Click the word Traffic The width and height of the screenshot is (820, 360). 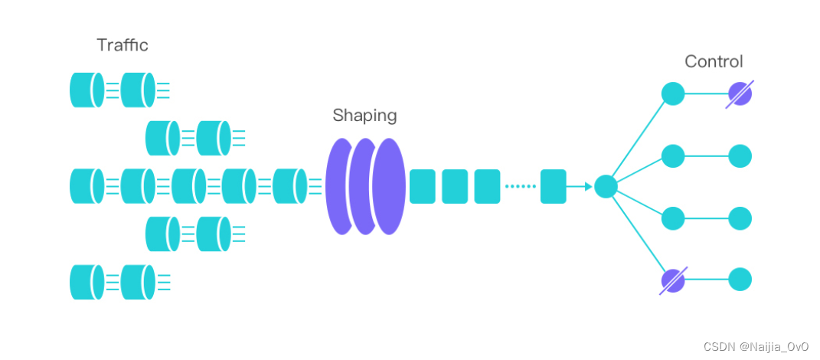(123, 45)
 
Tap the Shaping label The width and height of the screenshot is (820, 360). (364, 116)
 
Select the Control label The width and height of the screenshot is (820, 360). (714, 62)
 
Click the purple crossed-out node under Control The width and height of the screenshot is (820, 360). (740, 94)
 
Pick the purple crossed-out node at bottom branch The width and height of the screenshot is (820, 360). (673, 280)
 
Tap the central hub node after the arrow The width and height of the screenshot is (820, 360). (606, 186)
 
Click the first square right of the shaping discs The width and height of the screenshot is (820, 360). (423, 186)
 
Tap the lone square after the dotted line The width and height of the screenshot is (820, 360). (553, 186)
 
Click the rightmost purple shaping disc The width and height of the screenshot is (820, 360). (389, 186)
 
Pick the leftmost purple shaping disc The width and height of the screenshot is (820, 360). (340, 186)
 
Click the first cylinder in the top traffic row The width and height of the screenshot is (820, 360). (87, 90)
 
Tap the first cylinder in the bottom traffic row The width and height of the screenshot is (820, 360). (87, 282)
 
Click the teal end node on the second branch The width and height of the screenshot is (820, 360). (740, 156)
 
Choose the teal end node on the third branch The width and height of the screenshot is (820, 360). (740, 218)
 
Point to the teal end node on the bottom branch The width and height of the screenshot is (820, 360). (740, 280)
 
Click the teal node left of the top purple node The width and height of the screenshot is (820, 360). (673, 94)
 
